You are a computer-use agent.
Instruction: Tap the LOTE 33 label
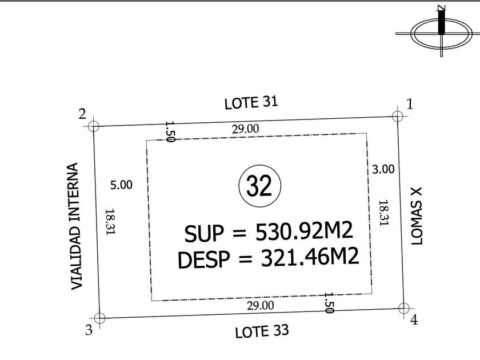[262, 331]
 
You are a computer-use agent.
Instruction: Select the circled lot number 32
[259, 186]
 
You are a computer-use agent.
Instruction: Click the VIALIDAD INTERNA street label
[75, 226]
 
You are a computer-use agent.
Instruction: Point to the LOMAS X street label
[417, 216]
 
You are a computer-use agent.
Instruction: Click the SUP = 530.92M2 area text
[269, 232]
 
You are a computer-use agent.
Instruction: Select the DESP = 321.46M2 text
[268, 258]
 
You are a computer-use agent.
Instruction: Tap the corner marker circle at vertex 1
[397, 117]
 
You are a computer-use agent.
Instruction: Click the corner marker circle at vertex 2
[93, 126]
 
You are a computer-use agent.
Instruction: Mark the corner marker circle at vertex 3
[99, 318]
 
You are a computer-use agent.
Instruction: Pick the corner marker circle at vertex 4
[404, 308]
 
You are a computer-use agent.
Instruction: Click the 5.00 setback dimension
[121, 185]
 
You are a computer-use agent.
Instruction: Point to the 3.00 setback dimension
[383, 169]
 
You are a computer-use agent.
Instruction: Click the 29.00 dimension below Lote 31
[246, 129]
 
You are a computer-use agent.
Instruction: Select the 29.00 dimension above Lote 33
[261, 306]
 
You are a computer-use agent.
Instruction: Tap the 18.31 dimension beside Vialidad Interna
[110, 222]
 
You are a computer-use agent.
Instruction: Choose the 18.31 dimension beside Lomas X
[383, 213]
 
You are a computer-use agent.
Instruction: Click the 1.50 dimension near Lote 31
[170, 131]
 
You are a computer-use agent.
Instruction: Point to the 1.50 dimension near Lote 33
[329, 303]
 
